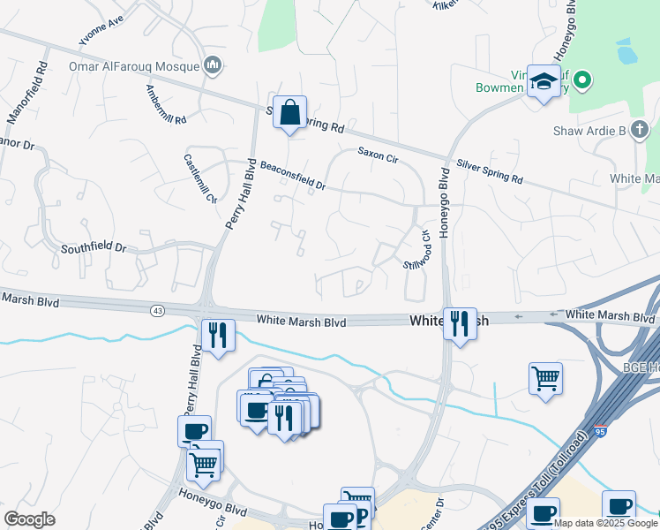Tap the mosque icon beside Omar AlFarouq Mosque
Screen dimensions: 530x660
click(x=212, y=64)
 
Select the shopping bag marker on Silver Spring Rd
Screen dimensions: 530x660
click(x=289, y=113)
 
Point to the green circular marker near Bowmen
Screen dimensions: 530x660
click(x=581, y=82)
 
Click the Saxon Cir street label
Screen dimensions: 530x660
click(x=379, y=153)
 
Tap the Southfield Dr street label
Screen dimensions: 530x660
click(x=94, y=248)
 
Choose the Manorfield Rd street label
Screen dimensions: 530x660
click(x=27, y=92)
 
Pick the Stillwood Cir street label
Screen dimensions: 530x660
click(x=416, y=250)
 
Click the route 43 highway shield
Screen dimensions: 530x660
click(x=157, y=310)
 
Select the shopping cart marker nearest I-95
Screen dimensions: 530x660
click(x=546, y=378)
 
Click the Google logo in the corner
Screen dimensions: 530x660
click(x=29, y=519)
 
